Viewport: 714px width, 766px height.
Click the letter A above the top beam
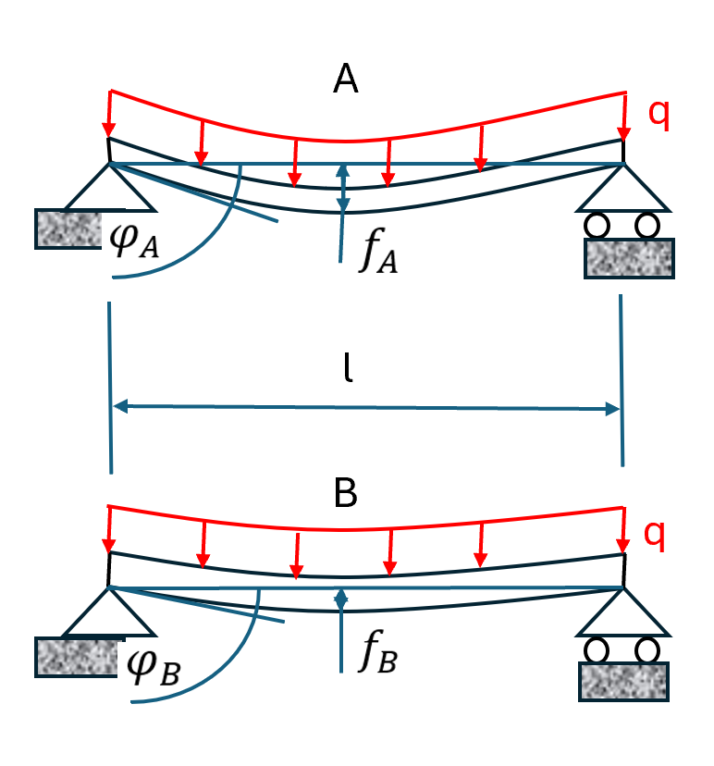pyautogui.click(x=346, y=81)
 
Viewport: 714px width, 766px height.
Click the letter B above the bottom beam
pyautogui.click(x=346, y=495)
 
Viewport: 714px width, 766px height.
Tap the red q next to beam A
pyautogui.click(x=659, y=111)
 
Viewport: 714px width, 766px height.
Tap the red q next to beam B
pyautogui.click(x=655, y=532)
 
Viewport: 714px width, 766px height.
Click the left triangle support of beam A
pyautogui.click(x=110, y=188)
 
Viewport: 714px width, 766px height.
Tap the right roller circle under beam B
pyautogui.click(x=647, y=649)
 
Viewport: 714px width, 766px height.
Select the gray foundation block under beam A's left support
pyautogui.click(x=66, y=229)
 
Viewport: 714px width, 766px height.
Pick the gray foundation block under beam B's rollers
pyautogui.click(x=622, y=680)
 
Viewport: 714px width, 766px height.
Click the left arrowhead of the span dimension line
pyautogui.click(x=117, y=406)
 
